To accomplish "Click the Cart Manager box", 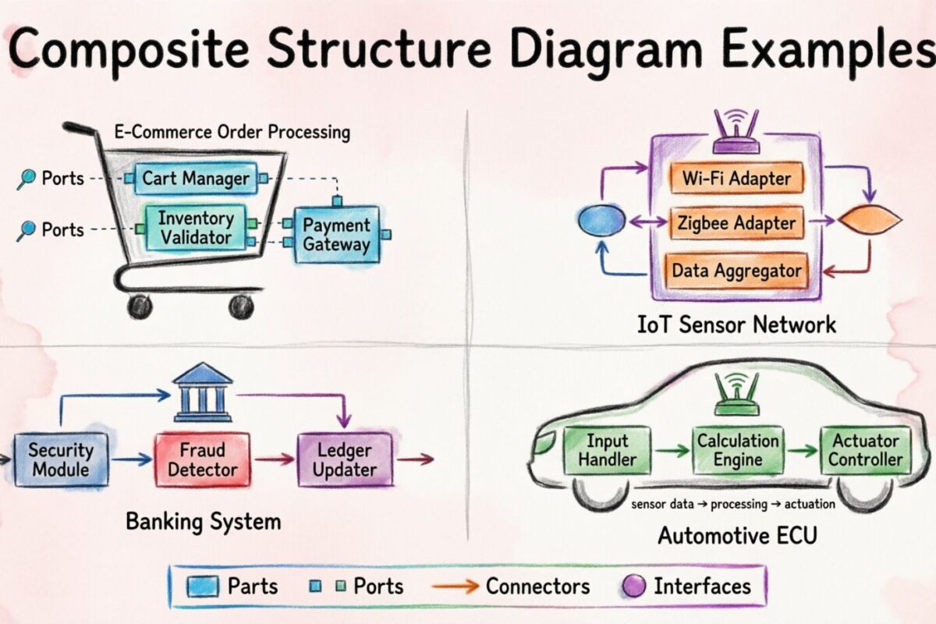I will tap(196, 179).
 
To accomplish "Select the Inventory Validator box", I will tap(196, 227).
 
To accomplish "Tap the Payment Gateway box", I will tap(337, 234).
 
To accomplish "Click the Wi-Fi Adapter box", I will tap(736, 178).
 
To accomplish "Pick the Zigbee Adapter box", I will tap(736, 223).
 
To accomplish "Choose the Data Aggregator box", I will tap(736, 270).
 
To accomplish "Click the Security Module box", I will tap(61, 460).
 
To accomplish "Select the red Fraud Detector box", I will tap(202, 460).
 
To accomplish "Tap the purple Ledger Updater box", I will tap(345, 460).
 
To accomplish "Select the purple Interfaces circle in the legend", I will tap(635, 587).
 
